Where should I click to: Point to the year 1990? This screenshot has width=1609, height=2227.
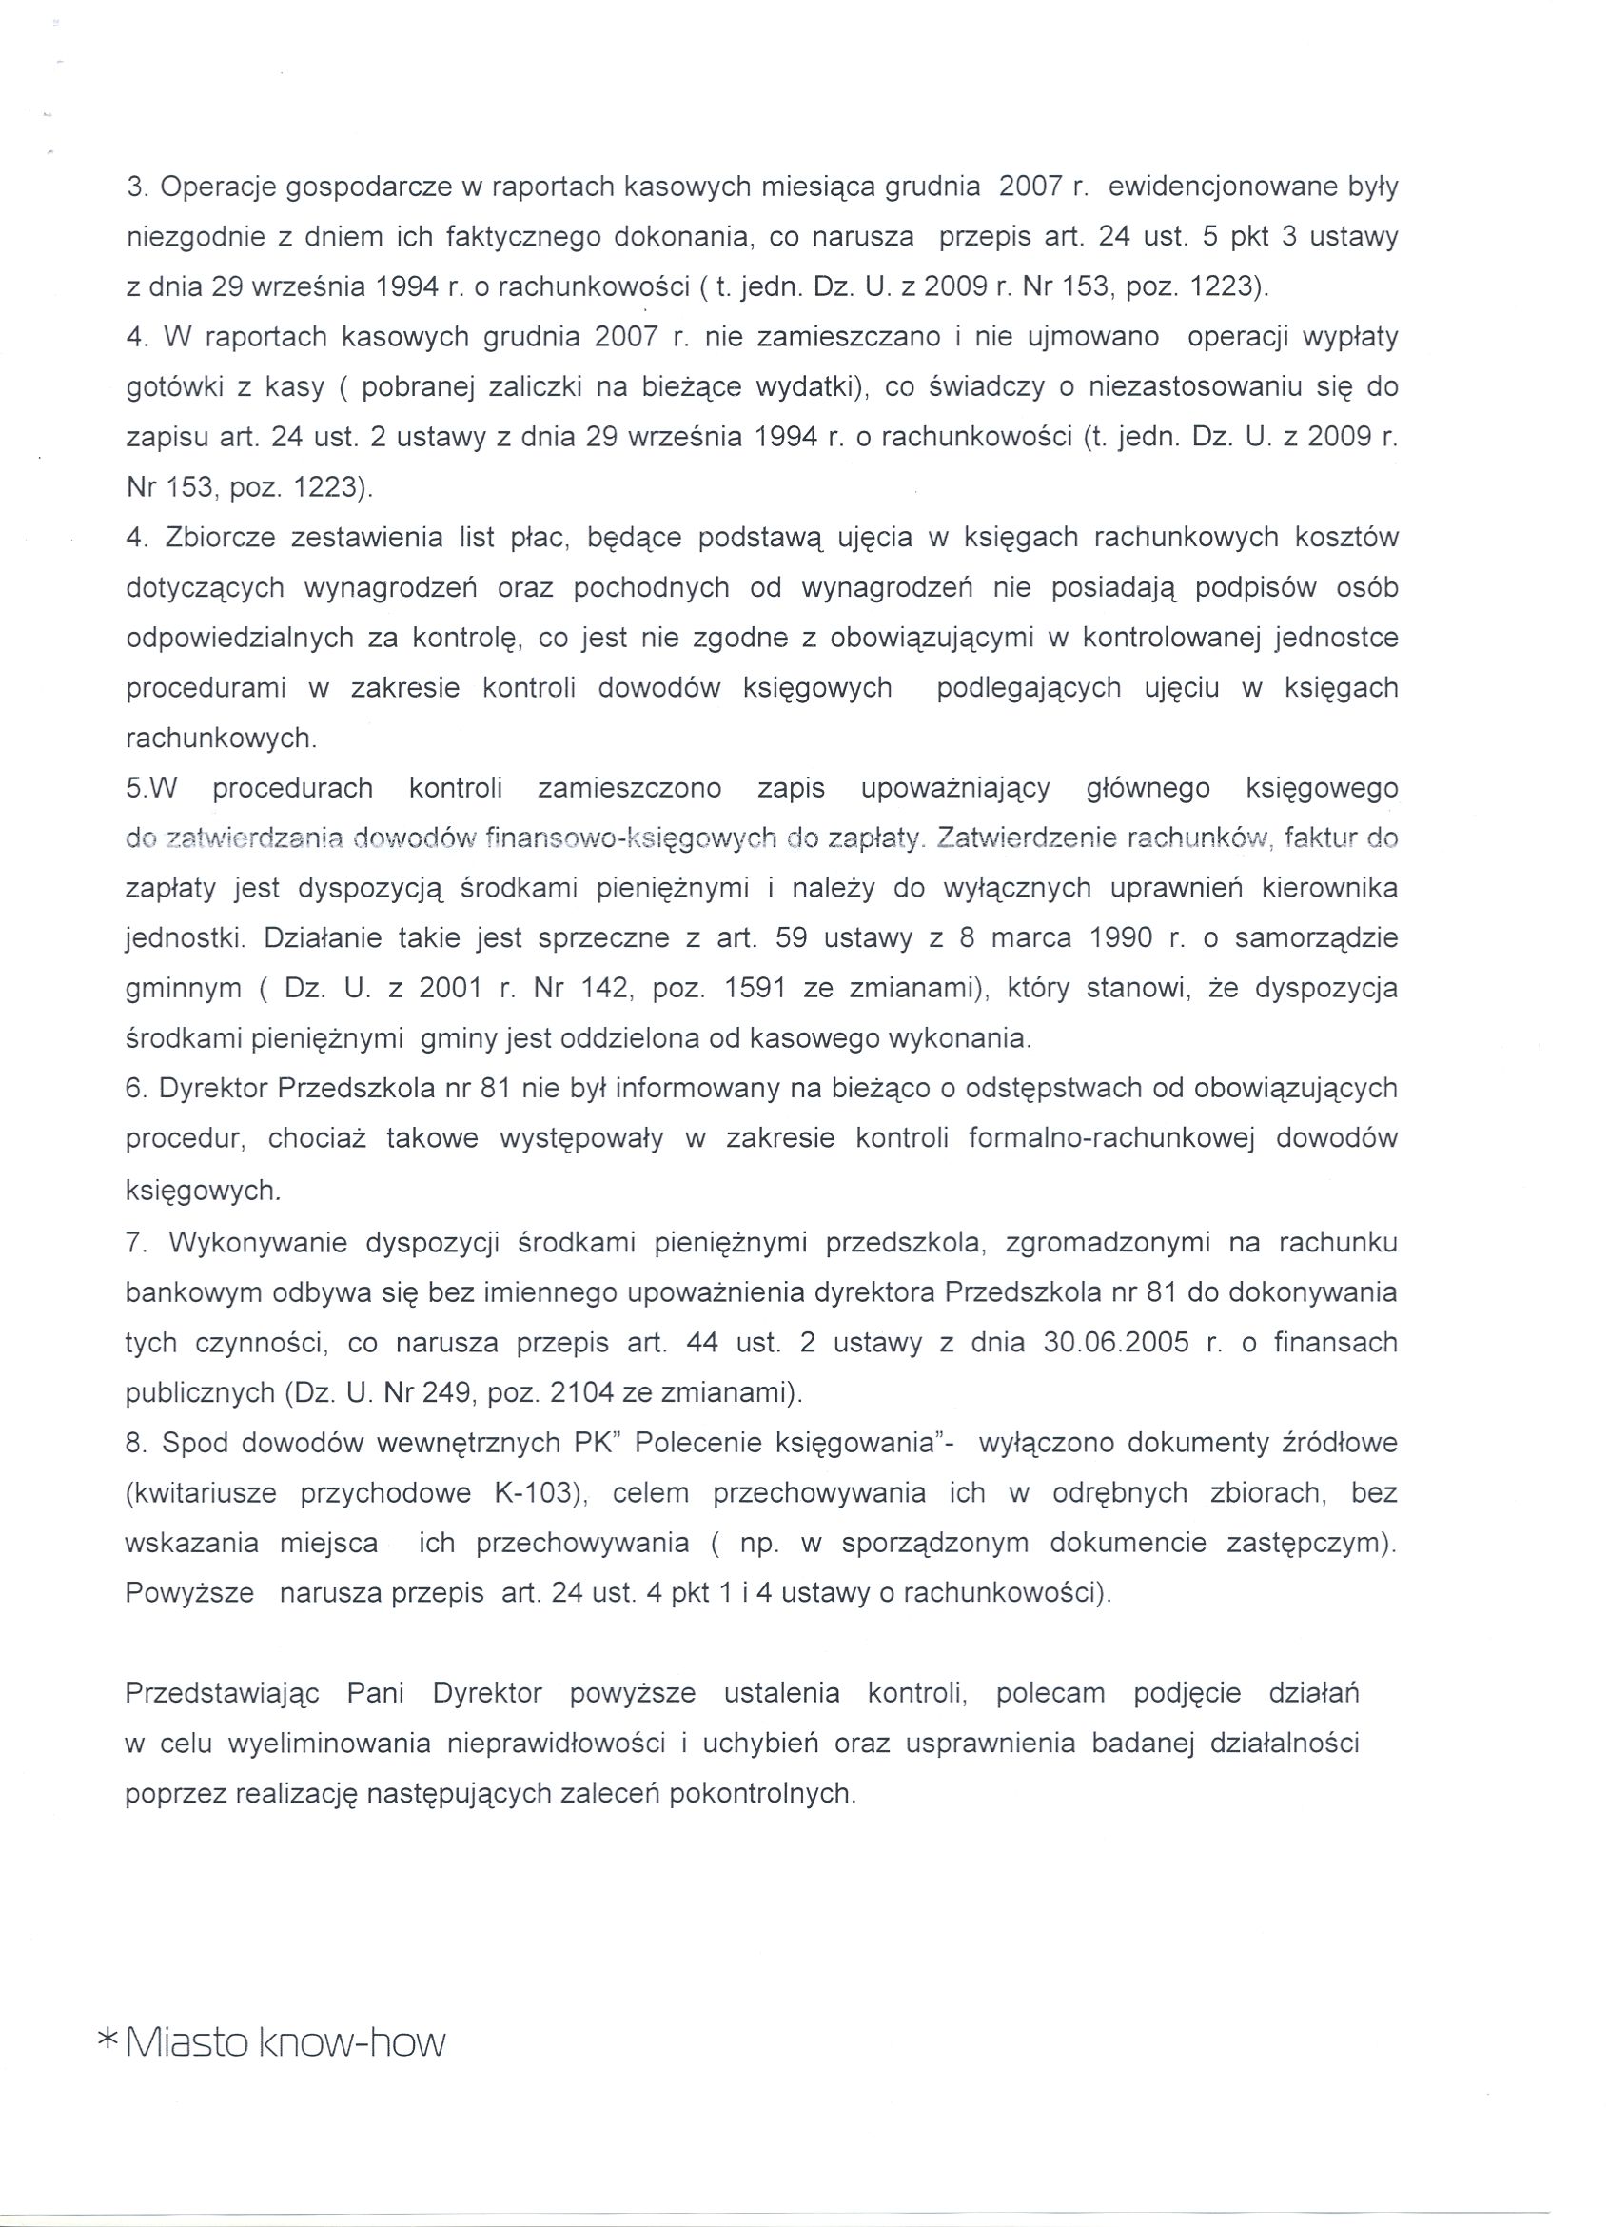coord(1120,937)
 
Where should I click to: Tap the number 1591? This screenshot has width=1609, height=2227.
coord(754,988)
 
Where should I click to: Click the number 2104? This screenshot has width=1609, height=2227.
coord(559,1392)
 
